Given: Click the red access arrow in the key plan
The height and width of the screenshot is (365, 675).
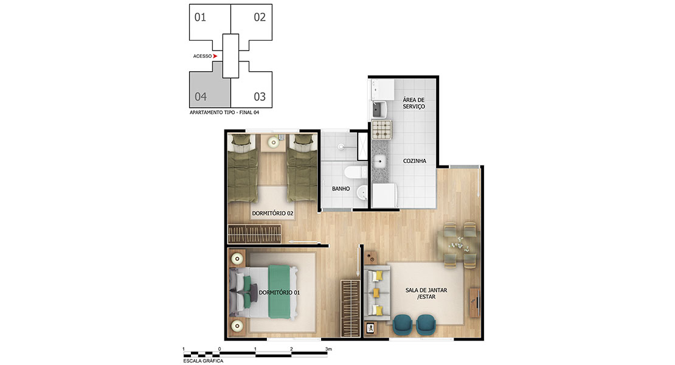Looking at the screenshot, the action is click(215, 56).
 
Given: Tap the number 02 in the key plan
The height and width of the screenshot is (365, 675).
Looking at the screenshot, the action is click(260, 17).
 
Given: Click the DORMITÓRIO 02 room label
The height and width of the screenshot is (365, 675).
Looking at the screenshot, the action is click(272, 213).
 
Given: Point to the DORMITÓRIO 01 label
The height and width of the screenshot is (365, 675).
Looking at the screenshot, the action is click(279, 293).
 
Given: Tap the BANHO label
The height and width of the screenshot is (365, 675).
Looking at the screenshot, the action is click(341, 189).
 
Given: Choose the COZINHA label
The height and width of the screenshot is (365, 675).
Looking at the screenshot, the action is click(415, 161).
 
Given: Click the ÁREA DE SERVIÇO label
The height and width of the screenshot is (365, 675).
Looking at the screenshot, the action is click(414, 103).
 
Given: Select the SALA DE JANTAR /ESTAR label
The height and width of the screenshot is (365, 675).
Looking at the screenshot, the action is click(426, 294).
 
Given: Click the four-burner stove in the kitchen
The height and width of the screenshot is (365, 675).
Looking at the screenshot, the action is click(382, 130).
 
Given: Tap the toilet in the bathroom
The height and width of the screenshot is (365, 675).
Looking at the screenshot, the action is click(354, 172).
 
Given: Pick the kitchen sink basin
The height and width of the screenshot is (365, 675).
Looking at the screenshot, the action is click(379, 162).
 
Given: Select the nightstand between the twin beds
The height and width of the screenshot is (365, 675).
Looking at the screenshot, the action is click(273, 142).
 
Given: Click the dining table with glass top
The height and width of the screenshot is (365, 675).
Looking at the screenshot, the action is click(459, 243).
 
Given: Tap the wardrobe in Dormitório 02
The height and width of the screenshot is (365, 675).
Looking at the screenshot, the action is click(254, 234).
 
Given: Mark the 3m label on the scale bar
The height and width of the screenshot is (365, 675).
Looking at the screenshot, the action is click(328, 349).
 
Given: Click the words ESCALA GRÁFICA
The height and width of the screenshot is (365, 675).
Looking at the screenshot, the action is click(203, 361).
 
